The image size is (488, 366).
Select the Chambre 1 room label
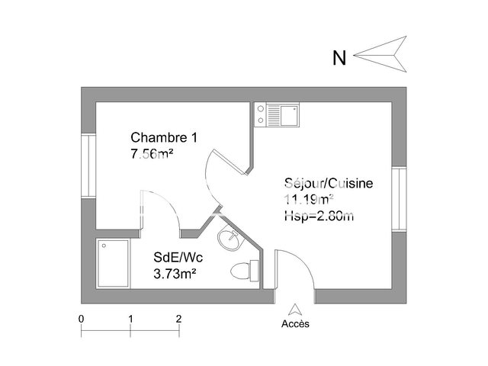[164, 138]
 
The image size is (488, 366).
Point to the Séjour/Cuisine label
[328, 184]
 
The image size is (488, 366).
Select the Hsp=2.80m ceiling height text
[319, 216]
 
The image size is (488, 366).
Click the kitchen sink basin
[289, 116]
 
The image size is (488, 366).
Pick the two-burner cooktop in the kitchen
[262, 115]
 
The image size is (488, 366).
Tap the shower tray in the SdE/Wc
[113, 264]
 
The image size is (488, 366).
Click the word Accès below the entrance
[296, 323]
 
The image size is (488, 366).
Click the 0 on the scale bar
[81, 318]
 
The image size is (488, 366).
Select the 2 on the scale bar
[178, 318]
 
